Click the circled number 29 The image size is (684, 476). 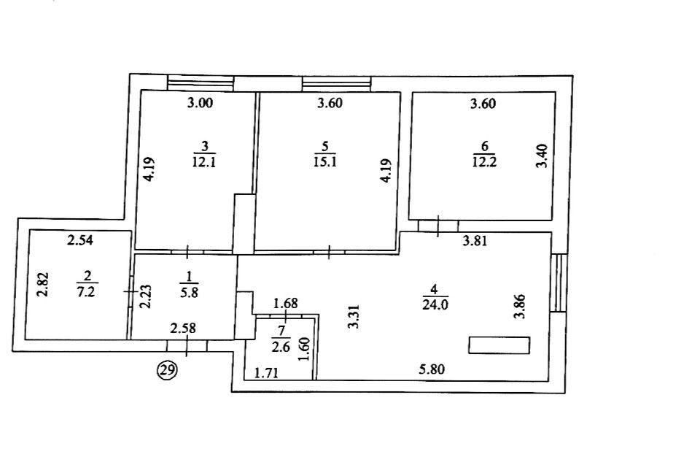pos(168,371)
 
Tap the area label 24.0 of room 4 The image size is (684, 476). pos(435,305)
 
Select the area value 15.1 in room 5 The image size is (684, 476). pos(325,162)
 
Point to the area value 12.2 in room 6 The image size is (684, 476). pos(484,162)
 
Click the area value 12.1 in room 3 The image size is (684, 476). pos(204,162)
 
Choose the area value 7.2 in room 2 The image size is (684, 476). pos(86,292)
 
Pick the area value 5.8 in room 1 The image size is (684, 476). pos(190,292)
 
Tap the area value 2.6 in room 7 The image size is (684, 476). pos(281,348)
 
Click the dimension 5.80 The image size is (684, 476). pos(432,369)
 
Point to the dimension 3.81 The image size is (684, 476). pos(475,241)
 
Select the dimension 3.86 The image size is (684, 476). pos(519,307)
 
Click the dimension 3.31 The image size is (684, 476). pos(354,317)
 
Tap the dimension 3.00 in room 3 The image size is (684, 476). pos(201,103)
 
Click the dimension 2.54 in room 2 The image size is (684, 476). pos(80,239)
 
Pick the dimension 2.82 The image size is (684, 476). pos(43,284)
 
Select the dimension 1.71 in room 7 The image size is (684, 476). pos(266,373)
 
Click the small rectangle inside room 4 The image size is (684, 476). pos(499,345)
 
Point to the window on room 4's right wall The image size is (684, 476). pos(559,283)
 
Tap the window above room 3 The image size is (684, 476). pos(201,82)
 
